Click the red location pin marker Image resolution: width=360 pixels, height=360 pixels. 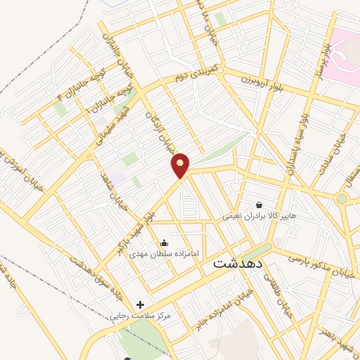(x=181, y=165)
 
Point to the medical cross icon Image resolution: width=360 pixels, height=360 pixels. (x=140, y=304)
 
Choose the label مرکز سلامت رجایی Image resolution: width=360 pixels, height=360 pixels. (x=141, y=316)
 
